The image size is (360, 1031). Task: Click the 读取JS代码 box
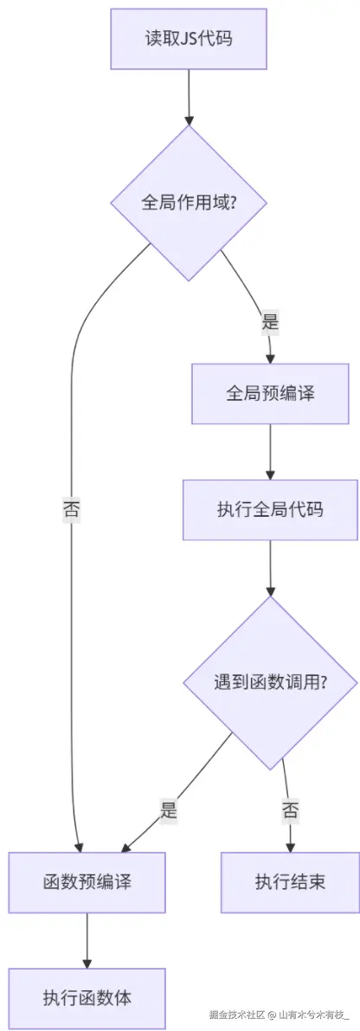point(188,39)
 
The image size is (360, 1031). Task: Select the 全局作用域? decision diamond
point(188,203)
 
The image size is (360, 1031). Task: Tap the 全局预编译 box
point(270,393)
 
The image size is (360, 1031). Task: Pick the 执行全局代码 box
point(270,510)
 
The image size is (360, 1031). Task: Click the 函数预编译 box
point(87,882)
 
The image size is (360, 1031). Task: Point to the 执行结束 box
point(290,882)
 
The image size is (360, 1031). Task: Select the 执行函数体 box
point(87,997)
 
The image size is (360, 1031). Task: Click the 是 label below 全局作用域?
point(270,323)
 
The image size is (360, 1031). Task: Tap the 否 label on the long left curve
point(71,509)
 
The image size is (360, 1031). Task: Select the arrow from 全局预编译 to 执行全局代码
point(270,450)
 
